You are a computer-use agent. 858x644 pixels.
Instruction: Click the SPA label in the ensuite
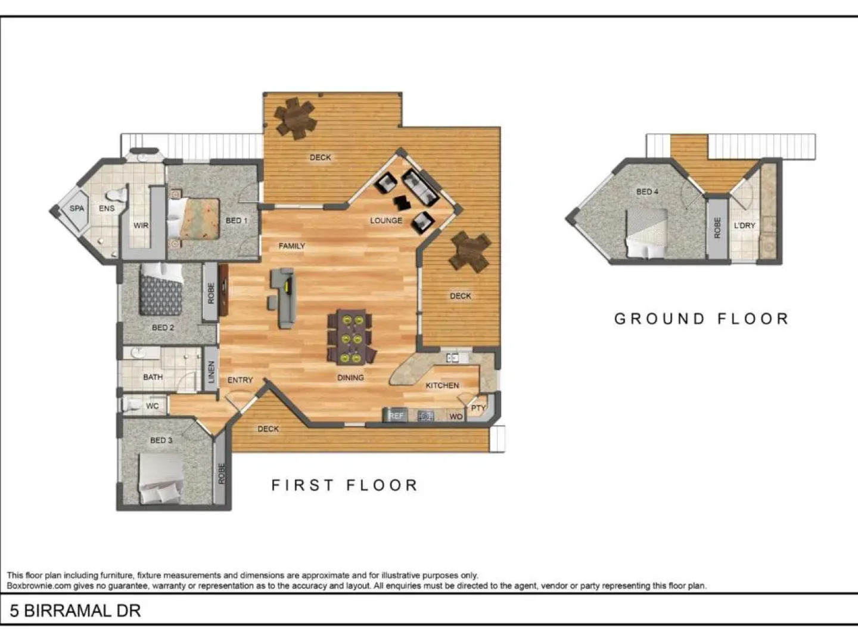[77, 208]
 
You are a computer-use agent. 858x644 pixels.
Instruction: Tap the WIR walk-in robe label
[141, 225]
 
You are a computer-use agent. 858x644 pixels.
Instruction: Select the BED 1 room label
[237, 221]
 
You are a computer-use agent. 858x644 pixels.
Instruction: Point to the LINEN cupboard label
[211, 373]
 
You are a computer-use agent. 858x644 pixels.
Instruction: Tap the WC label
[153, 406]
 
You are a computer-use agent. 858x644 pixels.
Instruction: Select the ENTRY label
[240, 380]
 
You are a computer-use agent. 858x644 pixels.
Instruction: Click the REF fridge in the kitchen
[396, 415]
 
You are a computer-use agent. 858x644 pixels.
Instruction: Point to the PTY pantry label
[478, 408]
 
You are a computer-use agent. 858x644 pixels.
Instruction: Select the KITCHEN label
[442, 385]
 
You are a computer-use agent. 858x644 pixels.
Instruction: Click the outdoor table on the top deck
[296, 118]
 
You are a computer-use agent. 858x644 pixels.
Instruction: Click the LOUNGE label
[386, 220]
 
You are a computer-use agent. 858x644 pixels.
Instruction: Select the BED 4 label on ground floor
[647, 191]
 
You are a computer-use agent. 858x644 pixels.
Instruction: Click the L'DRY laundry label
[744, 225]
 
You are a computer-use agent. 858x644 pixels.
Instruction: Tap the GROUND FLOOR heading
[701, 319]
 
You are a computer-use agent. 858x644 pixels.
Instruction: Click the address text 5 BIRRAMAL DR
[75, 611]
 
